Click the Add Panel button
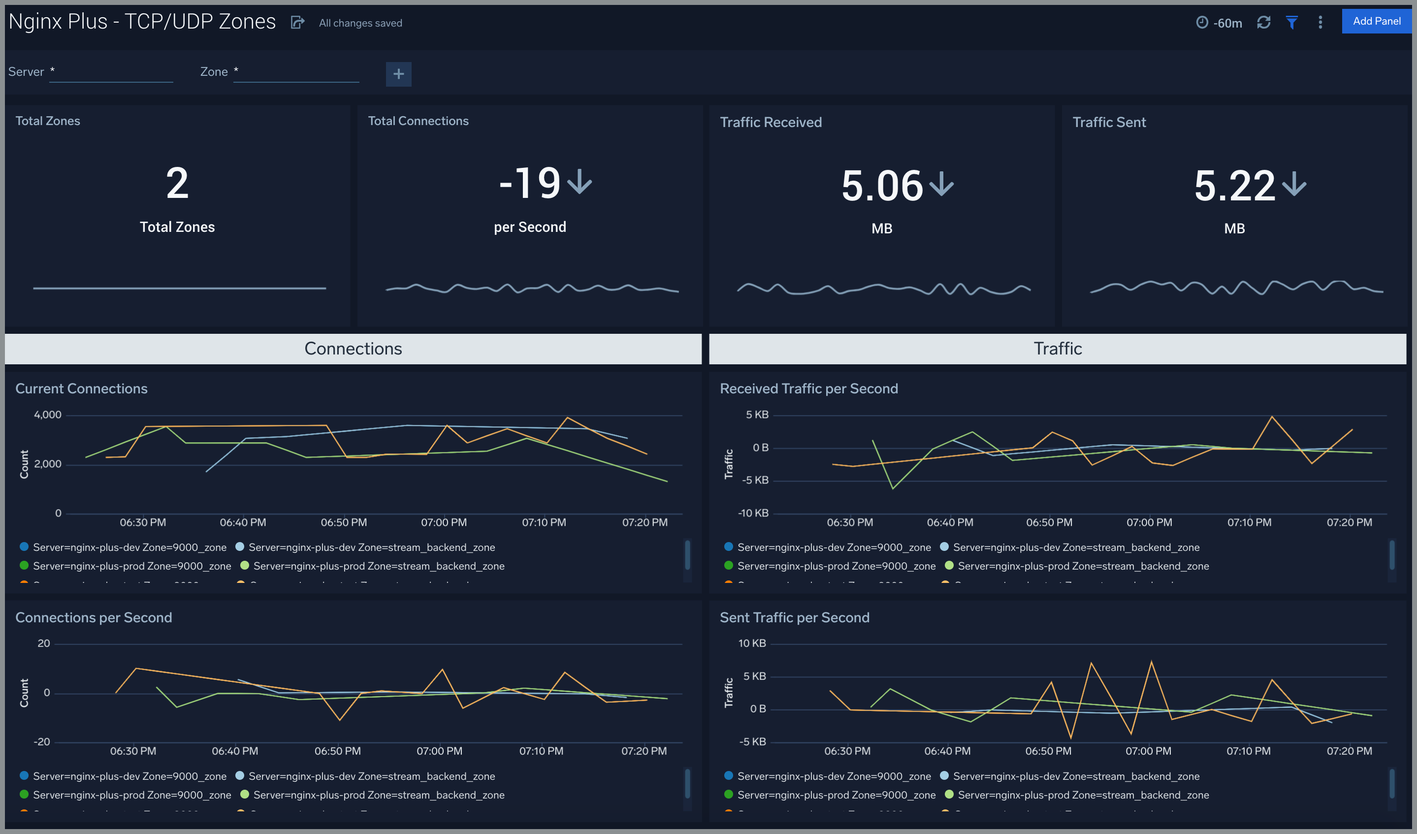click(x=1376, y=21)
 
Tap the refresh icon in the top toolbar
click(x=1263, y=23)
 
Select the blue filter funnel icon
click(x=1291, y=23)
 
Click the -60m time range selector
click(x=1219, y=23)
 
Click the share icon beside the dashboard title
click(x=297, y=23)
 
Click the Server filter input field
click(x=111, y=72)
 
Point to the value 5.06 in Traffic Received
click(x=882, y=186)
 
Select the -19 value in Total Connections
click(x=529, y=183)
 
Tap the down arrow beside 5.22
click(x=1294, y=185)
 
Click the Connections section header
click(x=353, y=349)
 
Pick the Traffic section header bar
click(x=1057, y=349)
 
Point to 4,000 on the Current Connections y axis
click(x=48, y=415)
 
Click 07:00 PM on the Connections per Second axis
click(x=439, y=751)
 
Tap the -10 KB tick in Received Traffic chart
click(x=753, y=513)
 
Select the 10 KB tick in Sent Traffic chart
click(x=752, y=643)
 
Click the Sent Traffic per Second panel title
click(x=794, y=617)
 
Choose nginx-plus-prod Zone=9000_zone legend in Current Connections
click(x=131, y=566)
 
